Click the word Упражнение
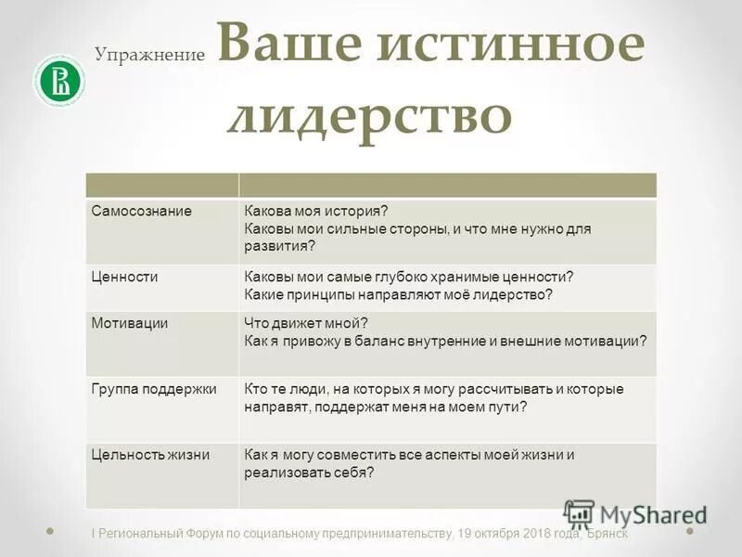(148, 55)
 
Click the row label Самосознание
(141, 211)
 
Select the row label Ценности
(124, 277)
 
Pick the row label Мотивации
(129, 322)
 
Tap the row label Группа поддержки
(153, 388)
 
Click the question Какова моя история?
(309, 211)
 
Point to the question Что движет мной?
(306, 322)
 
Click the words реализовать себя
(309, 472)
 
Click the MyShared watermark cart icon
(579, 513)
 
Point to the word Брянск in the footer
(608, 534)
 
